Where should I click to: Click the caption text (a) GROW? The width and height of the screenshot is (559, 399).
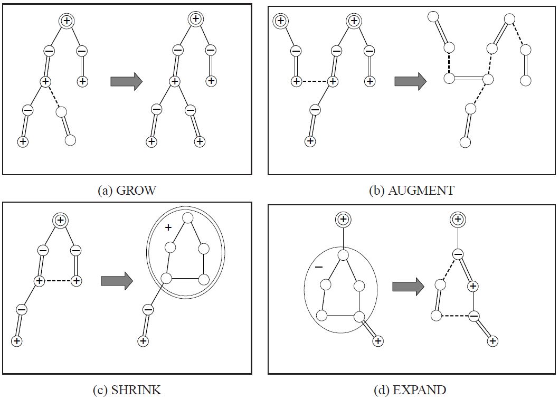point(127,191)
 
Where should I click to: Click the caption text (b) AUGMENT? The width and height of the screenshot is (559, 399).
point(411,191)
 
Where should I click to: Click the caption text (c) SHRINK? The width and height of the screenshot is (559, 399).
point(127,390)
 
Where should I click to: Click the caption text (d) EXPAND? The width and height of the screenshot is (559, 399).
point(410,390)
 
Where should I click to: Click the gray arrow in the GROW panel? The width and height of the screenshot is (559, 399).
point(127,81)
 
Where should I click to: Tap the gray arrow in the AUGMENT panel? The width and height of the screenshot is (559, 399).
point(410,81)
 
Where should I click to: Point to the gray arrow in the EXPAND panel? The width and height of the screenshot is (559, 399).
point(408,287)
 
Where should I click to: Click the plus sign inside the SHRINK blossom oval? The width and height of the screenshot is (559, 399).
point(168,227)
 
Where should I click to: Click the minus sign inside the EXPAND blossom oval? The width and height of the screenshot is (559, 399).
point(318,267)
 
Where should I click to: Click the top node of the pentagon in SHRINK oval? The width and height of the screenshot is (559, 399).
point(187,217)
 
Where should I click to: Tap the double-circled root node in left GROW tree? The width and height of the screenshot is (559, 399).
point(67,21)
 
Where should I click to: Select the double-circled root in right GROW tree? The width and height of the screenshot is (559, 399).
point(195,18)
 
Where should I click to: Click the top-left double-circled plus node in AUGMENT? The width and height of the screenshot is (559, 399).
point(280,21)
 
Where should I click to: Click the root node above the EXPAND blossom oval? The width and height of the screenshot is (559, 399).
point(343,218)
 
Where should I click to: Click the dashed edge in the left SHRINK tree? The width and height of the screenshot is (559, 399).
point(58,281)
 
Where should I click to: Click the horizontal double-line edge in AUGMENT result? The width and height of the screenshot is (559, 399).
point(468,79)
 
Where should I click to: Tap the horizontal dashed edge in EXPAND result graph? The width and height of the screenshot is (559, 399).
point(454,316)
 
